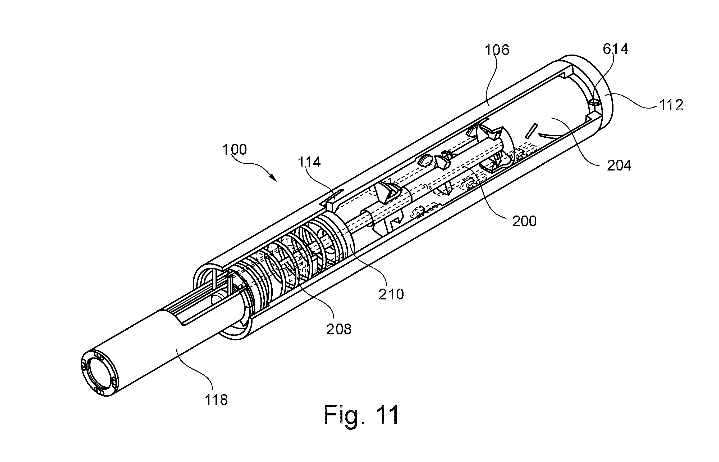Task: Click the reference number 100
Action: pyautogui.click(x=235, y=149)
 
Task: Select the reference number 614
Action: pyautogui.click(x=615, y=49)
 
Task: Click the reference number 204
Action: pyautogui.click(x=619, y=165)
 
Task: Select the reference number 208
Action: pyautogui.click(x=339, y=329)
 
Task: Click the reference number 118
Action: pyautogui.click(x=216, y=400)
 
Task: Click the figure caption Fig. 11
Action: pyautogui.click(x=361, y=415)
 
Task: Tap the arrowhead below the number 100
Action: pyautogui.click(x=273, y=178)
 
